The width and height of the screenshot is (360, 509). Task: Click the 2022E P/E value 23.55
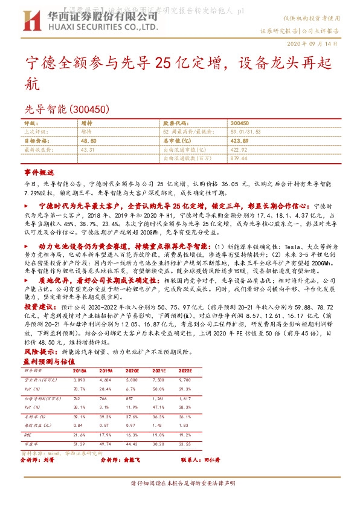[185, 445]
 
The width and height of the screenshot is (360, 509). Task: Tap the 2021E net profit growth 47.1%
[158, 407]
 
